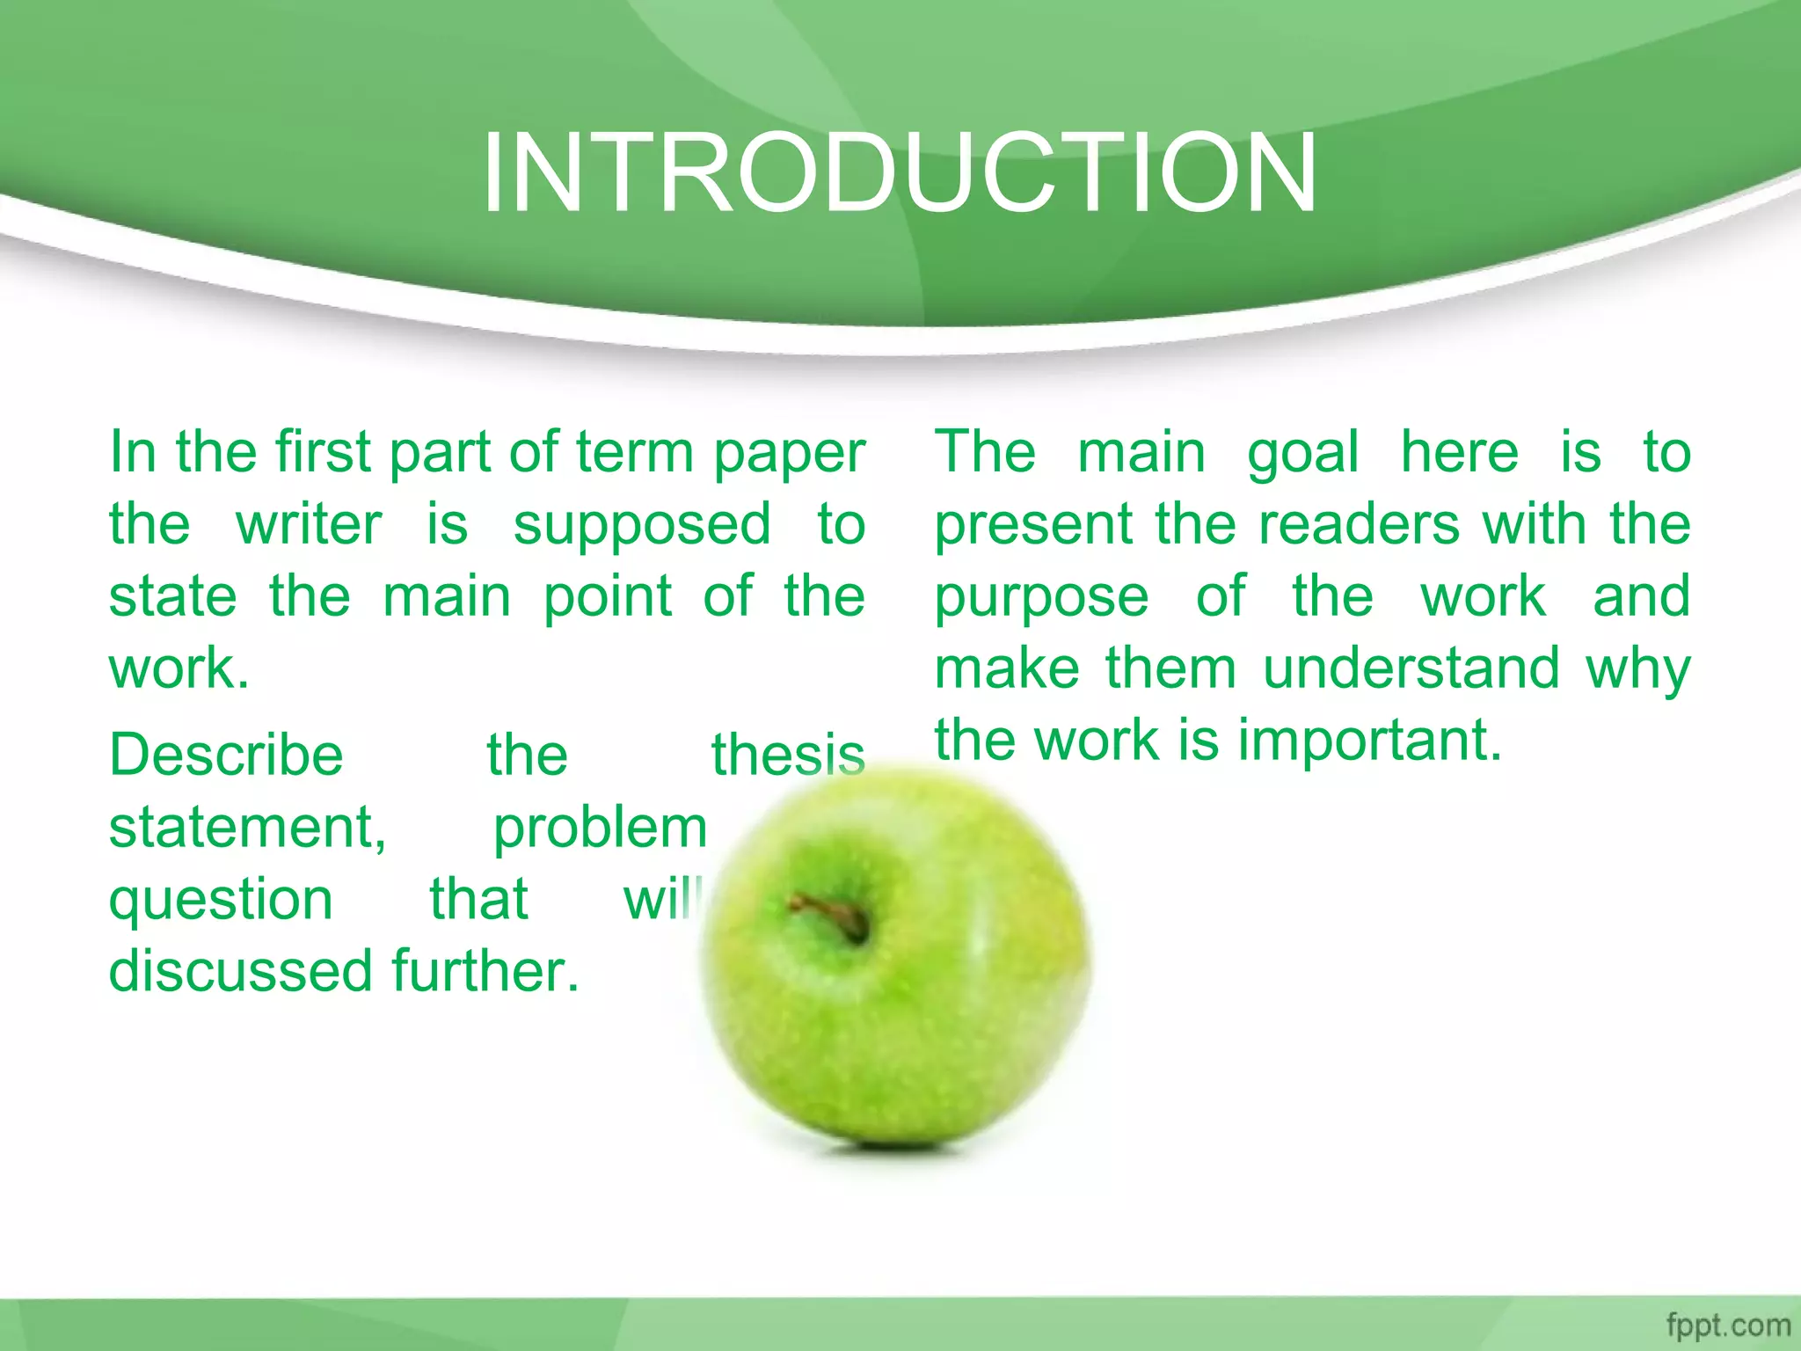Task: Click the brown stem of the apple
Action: pyautogui.click(x=831, y=915)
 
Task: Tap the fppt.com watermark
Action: pyautogui.click(x=1727, y=1325)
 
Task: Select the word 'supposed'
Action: pyautogui.click(x=642, y=526)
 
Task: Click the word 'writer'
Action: pyautogui.click(x=309, y=526)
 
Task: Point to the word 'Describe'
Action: pyautogui.click(x=226, y=756)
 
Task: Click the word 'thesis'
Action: pyautogui.click(x=788, y=756)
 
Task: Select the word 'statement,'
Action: pyautogui.click(x=248, y=829)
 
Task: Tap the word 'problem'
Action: pyautogui.click(x=600, y=829)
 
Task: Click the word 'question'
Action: pyautogui.click(x=221, y=901)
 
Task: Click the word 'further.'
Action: pyautogui.click(x=485, y=971)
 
